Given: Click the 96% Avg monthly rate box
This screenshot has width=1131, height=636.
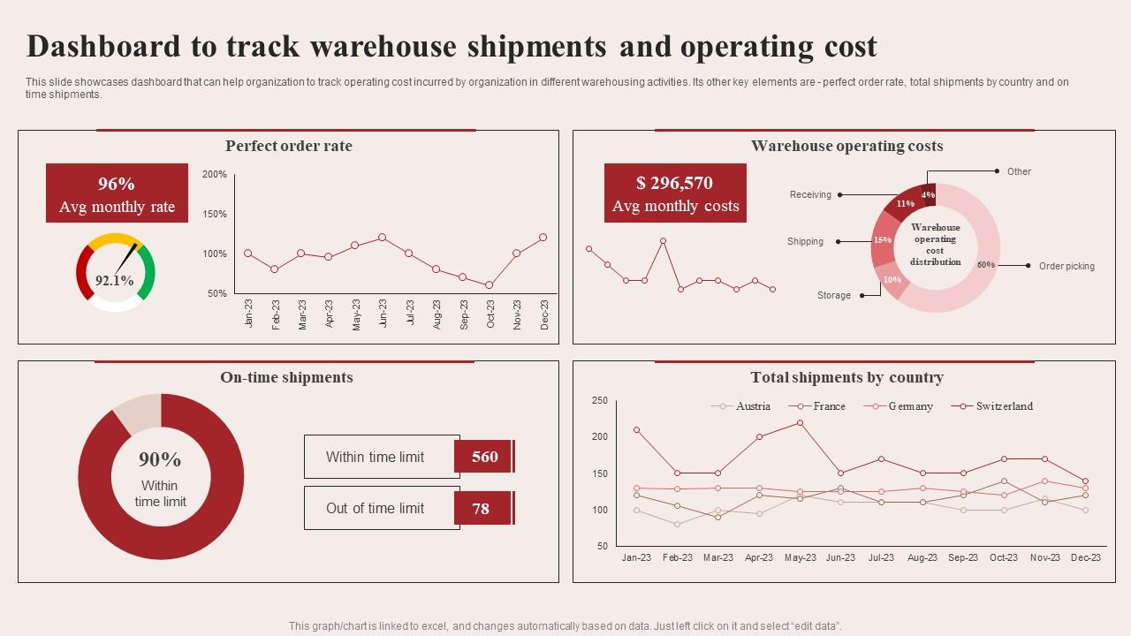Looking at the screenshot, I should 117,193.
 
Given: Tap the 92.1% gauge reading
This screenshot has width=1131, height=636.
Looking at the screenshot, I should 114,281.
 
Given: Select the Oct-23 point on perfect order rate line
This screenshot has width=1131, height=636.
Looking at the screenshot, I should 489,285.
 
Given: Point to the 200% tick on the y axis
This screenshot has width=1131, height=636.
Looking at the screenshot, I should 215,175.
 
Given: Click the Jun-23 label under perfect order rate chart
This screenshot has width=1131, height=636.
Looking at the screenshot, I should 383,314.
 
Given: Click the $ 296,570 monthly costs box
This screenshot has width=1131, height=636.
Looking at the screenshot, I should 675,193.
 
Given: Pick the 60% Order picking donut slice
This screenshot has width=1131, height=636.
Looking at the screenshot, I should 981,265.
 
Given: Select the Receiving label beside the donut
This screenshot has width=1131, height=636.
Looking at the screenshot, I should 810,194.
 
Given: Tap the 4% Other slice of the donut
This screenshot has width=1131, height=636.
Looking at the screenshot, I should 928,194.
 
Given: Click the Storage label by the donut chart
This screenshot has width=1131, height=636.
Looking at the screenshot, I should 834,295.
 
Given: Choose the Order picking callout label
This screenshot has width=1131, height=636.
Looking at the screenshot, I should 1066,266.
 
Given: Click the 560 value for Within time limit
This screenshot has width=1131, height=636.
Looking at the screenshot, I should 484,457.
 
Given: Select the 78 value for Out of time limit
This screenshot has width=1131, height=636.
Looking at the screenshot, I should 481,509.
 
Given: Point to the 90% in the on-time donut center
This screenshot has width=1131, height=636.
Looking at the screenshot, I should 160,459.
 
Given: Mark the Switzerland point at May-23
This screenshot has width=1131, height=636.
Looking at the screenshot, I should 800,422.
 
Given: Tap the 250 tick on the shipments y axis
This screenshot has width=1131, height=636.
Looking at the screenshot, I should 600,400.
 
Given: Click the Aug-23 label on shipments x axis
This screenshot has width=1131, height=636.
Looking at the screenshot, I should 922,557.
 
